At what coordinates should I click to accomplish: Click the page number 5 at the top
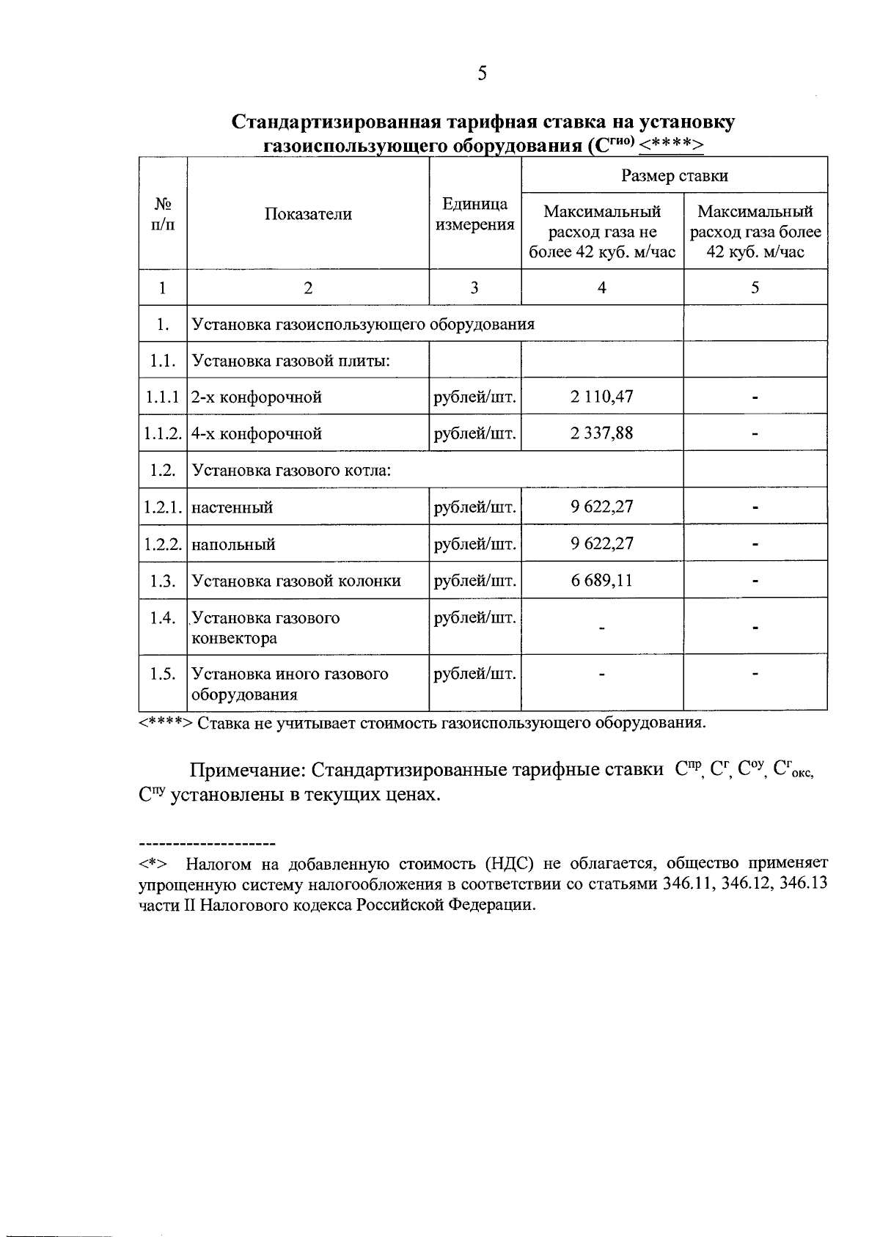482,73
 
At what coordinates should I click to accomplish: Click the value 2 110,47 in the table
601,397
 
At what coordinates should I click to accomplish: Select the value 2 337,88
601,433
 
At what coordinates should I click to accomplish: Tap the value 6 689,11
601,581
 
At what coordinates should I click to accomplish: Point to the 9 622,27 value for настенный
601,507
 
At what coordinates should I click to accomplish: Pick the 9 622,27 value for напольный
601,544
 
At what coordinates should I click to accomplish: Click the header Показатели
308,214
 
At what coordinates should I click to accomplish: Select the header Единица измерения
474,214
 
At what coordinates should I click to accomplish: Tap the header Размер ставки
674,175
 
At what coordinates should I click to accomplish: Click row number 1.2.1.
162,507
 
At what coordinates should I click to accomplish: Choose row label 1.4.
162,617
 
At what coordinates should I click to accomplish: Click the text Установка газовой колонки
296,581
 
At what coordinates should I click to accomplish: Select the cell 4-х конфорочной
257,433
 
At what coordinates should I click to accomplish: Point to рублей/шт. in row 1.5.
474,673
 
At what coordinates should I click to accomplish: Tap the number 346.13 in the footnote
804,884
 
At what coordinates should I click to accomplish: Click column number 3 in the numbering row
474,287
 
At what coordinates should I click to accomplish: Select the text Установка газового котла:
291,470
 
